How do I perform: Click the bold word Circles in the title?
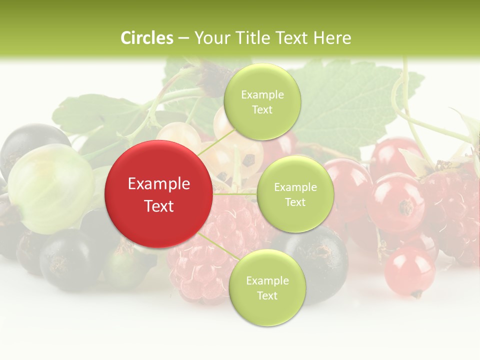coord(146,38)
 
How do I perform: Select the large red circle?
coord(158,194)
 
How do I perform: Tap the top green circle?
coord(262,101)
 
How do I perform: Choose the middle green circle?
coord(295,194)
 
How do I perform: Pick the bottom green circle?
coord(267,287)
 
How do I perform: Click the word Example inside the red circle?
coord(158,184)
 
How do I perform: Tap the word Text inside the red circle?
coord(158,206)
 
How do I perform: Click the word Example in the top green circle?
coord(262,95)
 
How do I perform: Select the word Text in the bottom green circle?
coord(267,295)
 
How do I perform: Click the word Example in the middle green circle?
coord(295,187)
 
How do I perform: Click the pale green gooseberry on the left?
coord(50,187)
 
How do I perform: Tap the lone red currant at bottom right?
coord(409,270)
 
